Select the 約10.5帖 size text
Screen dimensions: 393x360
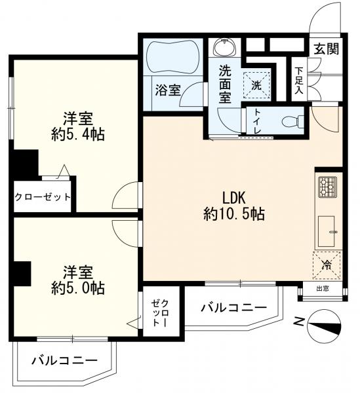point(234,214)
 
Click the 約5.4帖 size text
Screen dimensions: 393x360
point(77,134)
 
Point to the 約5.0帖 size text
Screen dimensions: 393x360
point(77,287)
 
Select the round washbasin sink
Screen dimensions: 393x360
point(226,48)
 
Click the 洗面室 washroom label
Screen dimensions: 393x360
point(226,84)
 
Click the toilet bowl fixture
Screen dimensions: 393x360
point(291,121)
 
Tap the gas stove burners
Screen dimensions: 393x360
point(327,187)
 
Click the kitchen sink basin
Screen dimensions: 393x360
point(327,230)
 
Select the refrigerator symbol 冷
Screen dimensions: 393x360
point(327,265)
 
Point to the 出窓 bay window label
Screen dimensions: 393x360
point(323,288)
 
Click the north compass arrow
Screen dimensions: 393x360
point(323,323)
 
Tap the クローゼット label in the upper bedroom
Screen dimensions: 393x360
point(43,197)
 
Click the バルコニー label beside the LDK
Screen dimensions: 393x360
point(233,307)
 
